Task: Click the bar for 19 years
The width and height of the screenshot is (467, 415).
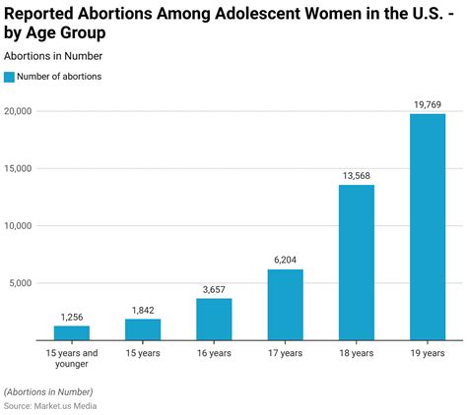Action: pyautogui.click(x=428, y=227)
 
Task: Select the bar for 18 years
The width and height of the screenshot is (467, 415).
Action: pyautogui.click(x=357, y=263)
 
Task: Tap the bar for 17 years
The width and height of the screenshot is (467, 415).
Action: pyautogui.click(x=286, y=305)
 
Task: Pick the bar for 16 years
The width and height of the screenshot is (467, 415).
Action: pyautogui.click(x=214, y=320)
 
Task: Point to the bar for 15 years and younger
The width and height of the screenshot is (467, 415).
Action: pyautogui.click(x=72, y=332)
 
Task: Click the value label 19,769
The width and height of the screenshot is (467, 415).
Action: pyautogui.click(x=428, y=104)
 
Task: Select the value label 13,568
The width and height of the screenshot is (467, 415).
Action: pyautogui.click(x=357, y=175)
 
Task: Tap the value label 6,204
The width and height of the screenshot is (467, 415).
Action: pyautogui.click(x=286, y=260)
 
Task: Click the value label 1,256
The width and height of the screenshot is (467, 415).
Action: pyautogui.click(x=72, y=316)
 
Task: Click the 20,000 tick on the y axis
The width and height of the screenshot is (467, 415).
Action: pyautogui.click(x=19, y=111)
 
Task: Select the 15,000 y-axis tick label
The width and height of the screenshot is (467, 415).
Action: pyautogui.click(x=19, y=168)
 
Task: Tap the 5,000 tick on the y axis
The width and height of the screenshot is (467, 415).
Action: pyautogui.click(x=22, y=283)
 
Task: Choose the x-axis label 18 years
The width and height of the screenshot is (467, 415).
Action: pyautogui.click(x=357, y=353)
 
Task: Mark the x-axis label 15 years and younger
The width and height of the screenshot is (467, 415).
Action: pyautogui.click(x=72, y=358)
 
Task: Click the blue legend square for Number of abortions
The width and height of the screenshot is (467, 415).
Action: pyautogui.click(x=10, y=77)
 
